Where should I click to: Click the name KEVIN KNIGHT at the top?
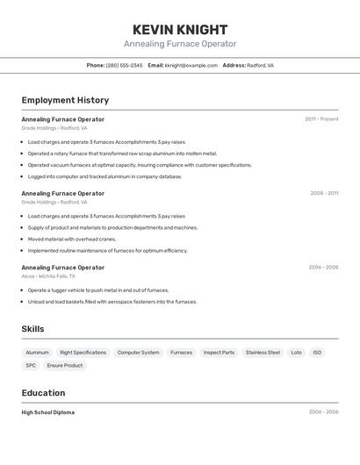[180, 30]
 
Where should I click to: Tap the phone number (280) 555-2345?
[124, 65]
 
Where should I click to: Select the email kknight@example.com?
[191, 65]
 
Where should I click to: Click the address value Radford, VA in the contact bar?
[260, 65]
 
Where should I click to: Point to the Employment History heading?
[65, 100]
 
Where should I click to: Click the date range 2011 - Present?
[321, 119]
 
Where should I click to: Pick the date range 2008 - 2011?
[323, 193]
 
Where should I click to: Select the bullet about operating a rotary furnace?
[122, 153]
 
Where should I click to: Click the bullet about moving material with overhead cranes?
[72, 239]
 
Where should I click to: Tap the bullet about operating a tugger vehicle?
[98, 290]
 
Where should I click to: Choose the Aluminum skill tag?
[38, 353]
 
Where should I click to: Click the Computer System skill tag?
[139, 353]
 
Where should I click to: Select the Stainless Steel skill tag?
[263, 353]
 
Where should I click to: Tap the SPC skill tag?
[31, 366]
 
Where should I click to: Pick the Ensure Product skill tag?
[65, 366]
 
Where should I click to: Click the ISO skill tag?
[317, 353]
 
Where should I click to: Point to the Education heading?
[44, 393]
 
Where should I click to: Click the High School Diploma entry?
[48, 412]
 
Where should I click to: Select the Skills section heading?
[33, 329]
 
